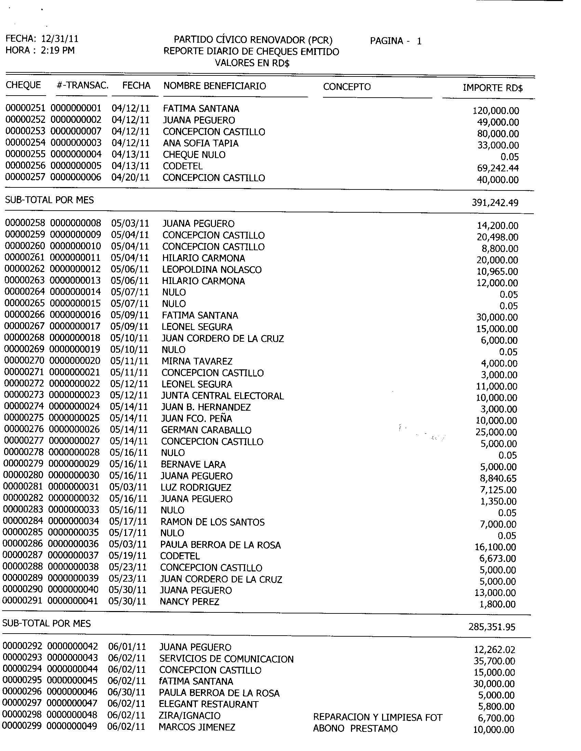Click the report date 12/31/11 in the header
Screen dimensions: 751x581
tap(60, 39)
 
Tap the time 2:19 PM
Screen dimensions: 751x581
tap(57, 51)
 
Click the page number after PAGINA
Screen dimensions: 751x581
tap(419, 41)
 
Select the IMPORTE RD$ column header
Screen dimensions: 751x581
tap(492, 88)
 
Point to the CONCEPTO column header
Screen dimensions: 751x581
tap(347, 87)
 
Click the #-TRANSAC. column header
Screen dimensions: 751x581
tap(82, 85)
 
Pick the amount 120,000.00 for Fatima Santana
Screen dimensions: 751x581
tap(496, 111)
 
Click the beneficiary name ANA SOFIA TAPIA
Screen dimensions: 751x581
tap(201, 143)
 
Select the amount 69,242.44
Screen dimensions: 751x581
tap(498, 168)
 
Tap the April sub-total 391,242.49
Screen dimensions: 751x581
tap(495, 203)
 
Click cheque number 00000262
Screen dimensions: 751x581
tap(25, 269)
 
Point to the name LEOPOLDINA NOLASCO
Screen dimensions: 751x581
tap(212, 270)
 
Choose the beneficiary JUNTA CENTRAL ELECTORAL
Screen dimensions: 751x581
tap(222, 396)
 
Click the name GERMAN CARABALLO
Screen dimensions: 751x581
tap(206, 430)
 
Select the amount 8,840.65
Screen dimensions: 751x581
tap(498, 478)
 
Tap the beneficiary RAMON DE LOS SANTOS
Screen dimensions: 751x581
tap(212, 522)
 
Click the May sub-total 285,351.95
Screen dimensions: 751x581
tap(492, 627)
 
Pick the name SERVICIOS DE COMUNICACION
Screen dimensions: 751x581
tap(226, 659)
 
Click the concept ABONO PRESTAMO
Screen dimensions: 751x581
tap(355, 729)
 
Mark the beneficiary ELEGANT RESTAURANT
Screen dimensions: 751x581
tap(208, 704)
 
